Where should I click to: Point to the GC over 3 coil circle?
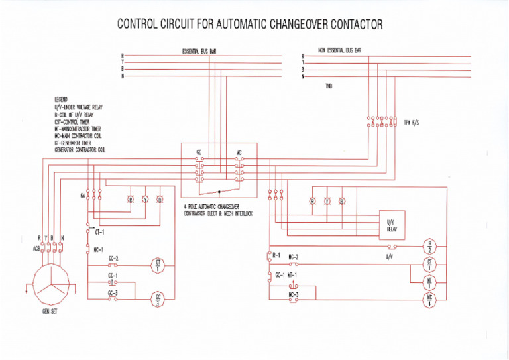click(x=158, y=299)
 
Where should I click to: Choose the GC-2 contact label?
click(x=113, y=259)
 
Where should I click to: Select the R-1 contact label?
click(x=276, y=255)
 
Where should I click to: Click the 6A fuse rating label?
click(x=83, y=196)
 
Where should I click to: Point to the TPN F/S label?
click(x=412, y=123)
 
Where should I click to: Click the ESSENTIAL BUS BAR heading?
click(x=199, y=51)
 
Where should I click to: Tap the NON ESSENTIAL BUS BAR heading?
click(x=339, y=50)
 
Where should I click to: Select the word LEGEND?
click(x=62, y=99)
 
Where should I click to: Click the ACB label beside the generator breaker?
click(x=36, y=249)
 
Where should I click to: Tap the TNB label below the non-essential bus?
click(x=328, y=87)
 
